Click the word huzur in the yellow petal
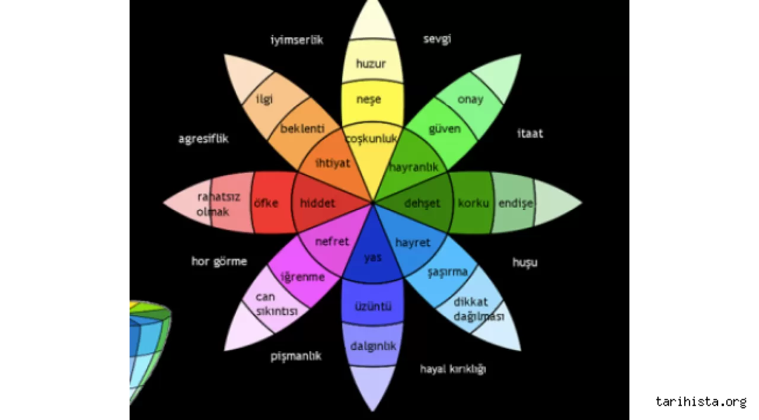pos(371,63)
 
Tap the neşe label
pos(368,99)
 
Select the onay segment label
pos(470,99)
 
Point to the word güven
pos(445,128)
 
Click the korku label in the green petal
pos(473,203)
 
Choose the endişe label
pos(515,203)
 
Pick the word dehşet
pos(422,203)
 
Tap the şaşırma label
pos(448,272)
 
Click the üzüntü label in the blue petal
pos(373,307)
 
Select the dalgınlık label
pos(373,346)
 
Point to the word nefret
pos(332,241)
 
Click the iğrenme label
pos(302,276)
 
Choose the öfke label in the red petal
pos(266,203)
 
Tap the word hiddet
pos(317,203)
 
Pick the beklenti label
pos(302,128)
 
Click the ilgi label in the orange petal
pos(264,99)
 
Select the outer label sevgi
pos(437,39)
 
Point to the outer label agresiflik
pos(203,139)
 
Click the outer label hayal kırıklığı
pos(453,369)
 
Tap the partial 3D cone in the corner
pos(148,350)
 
